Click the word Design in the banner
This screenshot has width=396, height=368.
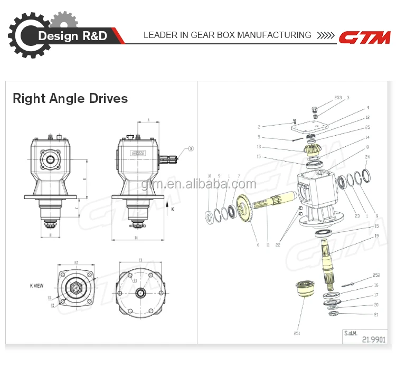tap(58, 36)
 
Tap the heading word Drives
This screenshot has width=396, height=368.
tap(109, 98)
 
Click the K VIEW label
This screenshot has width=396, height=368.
tap(36, 286)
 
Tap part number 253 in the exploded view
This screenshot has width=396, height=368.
tap(338, 98)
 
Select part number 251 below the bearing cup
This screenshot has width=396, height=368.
tap(297, 333)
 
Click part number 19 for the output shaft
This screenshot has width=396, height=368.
tap(376, 236)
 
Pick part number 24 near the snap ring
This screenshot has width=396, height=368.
tap(367, 157)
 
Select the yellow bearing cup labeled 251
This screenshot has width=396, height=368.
tap(305, 291)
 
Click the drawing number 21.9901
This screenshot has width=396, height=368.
tap(372, 340)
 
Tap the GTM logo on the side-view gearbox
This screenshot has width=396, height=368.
tap(138, 153)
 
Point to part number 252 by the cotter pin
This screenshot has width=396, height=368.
tap(376, 275)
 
